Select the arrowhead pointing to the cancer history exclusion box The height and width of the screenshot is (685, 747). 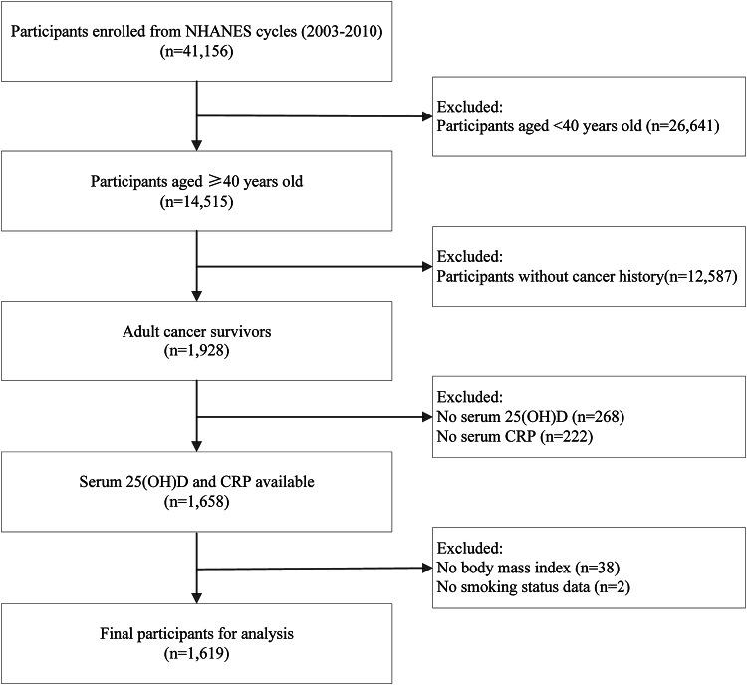point(425,267)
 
